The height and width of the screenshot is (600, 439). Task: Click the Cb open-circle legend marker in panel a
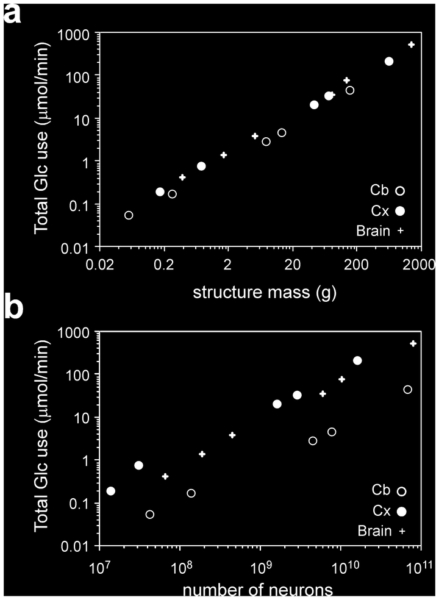(400, 190)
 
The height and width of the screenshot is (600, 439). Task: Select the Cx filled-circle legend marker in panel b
(401, 511)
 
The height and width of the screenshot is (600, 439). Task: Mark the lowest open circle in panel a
(129, 215)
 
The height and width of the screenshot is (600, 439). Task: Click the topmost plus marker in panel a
(412, 45)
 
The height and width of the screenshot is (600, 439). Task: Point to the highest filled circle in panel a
(389, 61)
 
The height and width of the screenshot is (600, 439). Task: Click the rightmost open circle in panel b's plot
(408, 389)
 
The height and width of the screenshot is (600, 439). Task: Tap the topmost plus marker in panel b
(413, 344)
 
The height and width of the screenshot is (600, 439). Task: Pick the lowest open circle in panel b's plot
(150, 514)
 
